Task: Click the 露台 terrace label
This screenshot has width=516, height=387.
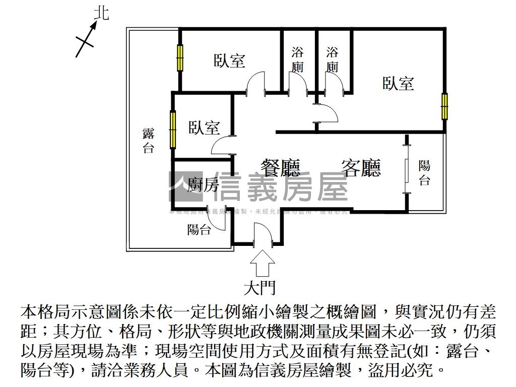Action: pos(148,141)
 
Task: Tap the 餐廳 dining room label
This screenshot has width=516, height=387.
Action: pos(280,168)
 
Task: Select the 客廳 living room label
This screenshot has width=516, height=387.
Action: pos(361,168)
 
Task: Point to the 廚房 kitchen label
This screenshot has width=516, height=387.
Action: pos(203,185)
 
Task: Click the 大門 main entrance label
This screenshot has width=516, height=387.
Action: pos(260,288)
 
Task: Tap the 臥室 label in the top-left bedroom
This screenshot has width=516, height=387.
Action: pos(230,61)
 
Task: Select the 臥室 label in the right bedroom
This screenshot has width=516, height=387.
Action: pos(398,83)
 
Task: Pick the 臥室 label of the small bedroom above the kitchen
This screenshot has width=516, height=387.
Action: pos(205,127)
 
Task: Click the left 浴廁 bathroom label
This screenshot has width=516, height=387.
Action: pos(298,59)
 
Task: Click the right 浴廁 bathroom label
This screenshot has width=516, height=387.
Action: pos(333,59)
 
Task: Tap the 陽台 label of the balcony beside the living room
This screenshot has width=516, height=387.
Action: pos(425,173)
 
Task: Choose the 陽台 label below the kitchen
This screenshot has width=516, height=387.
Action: pos(199,230)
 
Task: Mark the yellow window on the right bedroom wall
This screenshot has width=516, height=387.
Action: pos(444,106)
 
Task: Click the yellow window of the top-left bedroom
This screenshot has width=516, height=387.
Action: pos(179,58)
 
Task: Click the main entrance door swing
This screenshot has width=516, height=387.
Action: pos(263,235)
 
